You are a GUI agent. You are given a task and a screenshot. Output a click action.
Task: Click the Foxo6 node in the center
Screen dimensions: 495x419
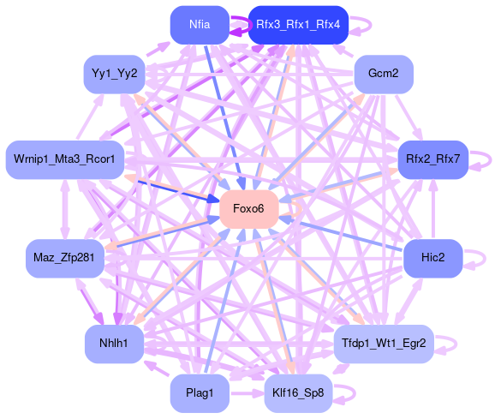(x=249, y=209)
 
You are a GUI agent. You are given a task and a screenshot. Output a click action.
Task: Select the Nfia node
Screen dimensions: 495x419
(x=200, y=25)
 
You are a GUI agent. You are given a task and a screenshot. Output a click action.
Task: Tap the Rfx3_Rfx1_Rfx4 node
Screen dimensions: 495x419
(x=298, y=25)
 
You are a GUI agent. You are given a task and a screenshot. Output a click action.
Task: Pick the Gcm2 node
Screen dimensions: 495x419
(x=384, y=74)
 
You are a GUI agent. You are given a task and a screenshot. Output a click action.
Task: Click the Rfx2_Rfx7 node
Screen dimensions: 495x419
(x=432, y=159)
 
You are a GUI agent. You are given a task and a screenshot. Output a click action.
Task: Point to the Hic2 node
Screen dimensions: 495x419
(x=432, y=258)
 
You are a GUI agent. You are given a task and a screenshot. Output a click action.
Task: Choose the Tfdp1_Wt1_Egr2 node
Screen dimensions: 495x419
(x=384, y=344)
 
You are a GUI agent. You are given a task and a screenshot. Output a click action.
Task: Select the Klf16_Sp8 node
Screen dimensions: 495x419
(x=298, y=393)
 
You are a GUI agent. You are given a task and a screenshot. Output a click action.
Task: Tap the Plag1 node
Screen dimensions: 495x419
(x=200, y=393)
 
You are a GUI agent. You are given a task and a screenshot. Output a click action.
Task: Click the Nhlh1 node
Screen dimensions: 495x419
(x=114, y=344)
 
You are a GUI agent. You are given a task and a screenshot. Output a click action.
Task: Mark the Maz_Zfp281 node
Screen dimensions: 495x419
(x=65, y=258)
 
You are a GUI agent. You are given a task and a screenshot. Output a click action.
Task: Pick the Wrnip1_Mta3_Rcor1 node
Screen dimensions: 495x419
(x=65, y=159)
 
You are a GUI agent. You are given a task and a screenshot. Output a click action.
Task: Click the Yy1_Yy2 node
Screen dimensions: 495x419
(x=114, y=74)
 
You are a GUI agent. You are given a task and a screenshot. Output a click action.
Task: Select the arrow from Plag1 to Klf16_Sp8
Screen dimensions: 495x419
(x=247, y=393)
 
